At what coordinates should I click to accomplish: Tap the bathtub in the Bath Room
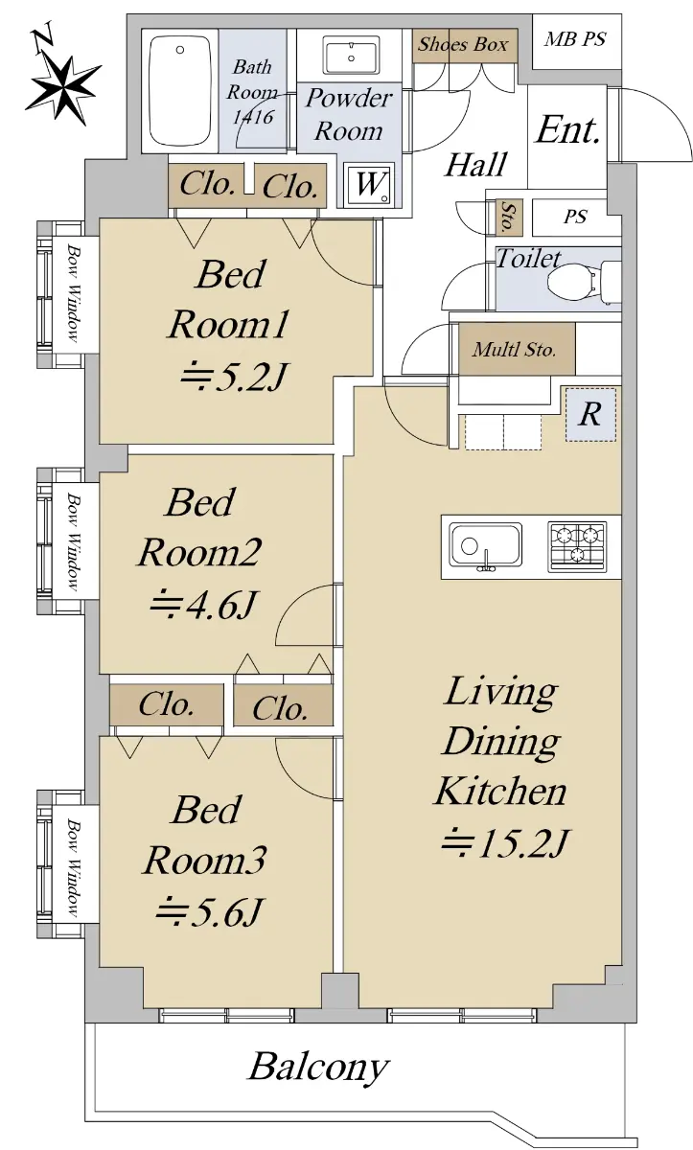[x=180, y=91]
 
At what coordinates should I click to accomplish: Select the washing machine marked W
[x=370, y=184]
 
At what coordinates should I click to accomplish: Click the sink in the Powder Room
[x=351, y=56]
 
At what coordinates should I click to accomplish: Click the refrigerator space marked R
[x=590, y=414]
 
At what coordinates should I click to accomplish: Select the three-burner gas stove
[x=577, y=546]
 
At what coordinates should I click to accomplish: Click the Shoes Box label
[x=463, y=44]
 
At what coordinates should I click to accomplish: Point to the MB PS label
[x=575, y=39]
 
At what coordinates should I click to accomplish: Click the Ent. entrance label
[x=567, y=130]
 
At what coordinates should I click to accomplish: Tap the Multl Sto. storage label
[x=515, y=349]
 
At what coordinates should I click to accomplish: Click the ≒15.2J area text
[x=505, y=842]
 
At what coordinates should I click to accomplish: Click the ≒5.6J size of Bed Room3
[x=210, y=911]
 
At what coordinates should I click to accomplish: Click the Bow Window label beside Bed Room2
[x=74, y=541]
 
